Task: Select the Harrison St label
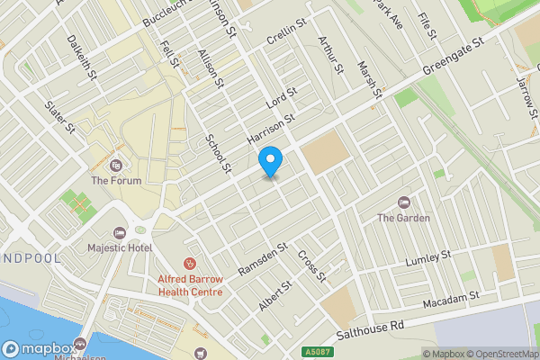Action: [271, 131]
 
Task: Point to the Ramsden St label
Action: [262, 258]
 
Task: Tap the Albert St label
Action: [275, 295]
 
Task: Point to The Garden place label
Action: [403, 217]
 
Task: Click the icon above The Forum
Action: [115, 166]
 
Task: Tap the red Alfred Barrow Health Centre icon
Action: [190, 264]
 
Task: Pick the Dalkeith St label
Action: [82, 57]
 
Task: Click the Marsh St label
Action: [370, 81]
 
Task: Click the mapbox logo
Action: [38, 349]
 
